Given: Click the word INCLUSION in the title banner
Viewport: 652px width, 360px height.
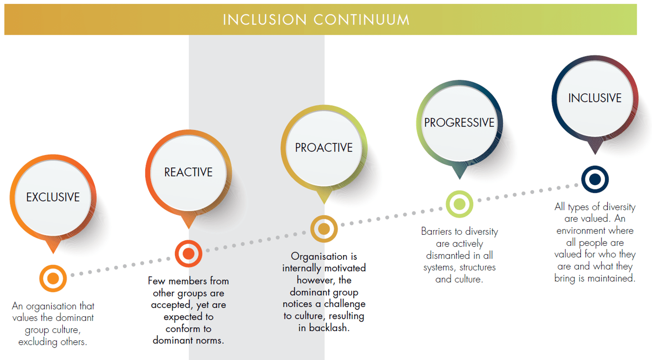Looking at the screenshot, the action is pyautogui.click(x=264, y=20).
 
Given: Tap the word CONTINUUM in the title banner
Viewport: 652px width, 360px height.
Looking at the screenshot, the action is pyautogui.click(x=362, y=20).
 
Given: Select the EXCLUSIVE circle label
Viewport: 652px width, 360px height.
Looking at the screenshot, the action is pyautogui.click(x=53, y=197).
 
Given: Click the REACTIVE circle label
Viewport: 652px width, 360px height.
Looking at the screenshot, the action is pyautogui.click(x=188, y=172).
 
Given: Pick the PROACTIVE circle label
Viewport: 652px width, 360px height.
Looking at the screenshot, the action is pyautogui.click(x=324, y=148).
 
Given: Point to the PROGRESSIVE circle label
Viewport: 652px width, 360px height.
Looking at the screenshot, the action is pyautogui.click(x=459, y=123).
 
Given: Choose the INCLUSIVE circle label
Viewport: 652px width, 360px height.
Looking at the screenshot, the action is pyautogui.click(x=595, y=98).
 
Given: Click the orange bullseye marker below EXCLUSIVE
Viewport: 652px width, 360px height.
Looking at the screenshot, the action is pyautogui.click(x=53, y=278).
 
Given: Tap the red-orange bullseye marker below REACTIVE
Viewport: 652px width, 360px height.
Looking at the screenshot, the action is pyautogui.click(x=188, y=253).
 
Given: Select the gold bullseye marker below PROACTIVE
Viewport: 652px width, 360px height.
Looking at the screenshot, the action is pyautogui.click(x=324, y=229).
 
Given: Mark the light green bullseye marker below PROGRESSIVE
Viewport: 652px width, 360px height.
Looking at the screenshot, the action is pyautogui.click(x=459, y=204).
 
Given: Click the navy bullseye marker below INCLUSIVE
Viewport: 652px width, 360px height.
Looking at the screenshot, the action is pyautogui.click(x=595, y=179).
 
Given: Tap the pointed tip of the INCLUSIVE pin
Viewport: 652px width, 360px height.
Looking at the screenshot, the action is pyautogui.click(x=595, y=155).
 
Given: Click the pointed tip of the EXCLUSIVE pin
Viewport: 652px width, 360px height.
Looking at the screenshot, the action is pyautogui.click(x=53, y=254).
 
